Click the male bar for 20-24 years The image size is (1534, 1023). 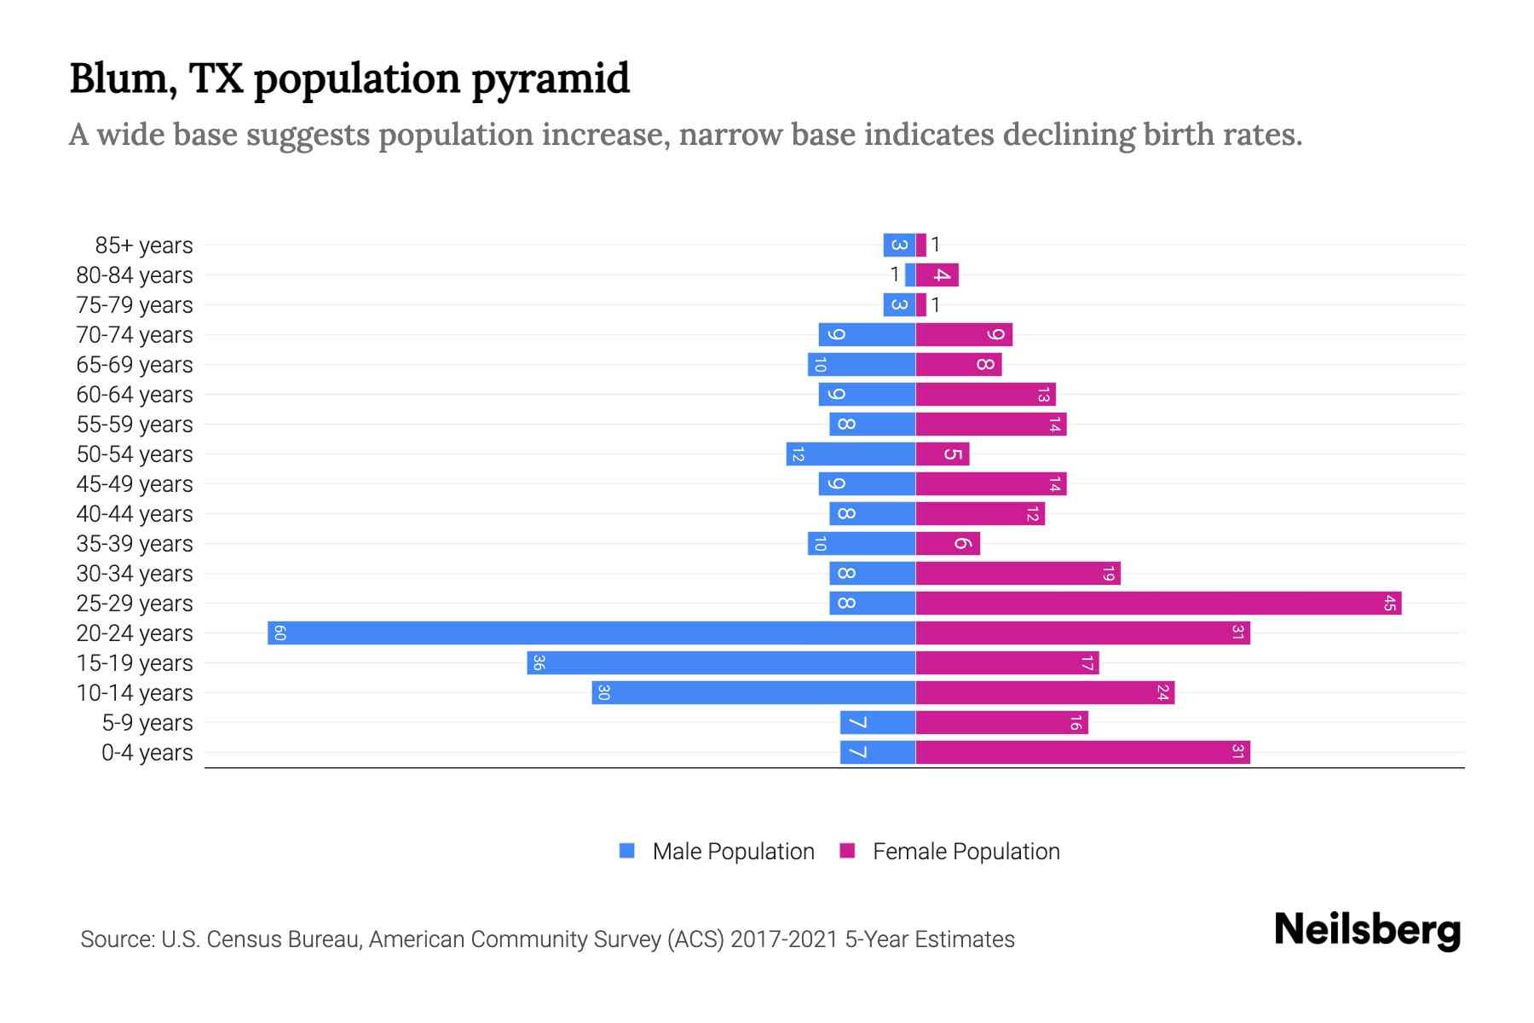591,633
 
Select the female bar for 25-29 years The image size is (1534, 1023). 1158,603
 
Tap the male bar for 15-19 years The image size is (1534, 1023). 721,662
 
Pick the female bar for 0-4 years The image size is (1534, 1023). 1082,752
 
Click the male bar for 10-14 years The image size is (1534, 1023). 753,692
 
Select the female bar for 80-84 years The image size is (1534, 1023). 937,275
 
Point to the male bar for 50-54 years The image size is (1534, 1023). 851,454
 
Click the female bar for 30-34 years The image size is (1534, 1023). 1018,573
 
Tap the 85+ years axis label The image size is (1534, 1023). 144,246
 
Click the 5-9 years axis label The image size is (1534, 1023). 147,723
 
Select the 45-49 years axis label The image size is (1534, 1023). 135,484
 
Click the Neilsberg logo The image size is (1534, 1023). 1367,929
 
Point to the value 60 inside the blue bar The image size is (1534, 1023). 280,633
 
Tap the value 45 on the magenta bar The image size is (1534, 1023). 1389,603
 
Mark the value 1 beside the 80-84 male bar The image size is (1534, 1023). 894,275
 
